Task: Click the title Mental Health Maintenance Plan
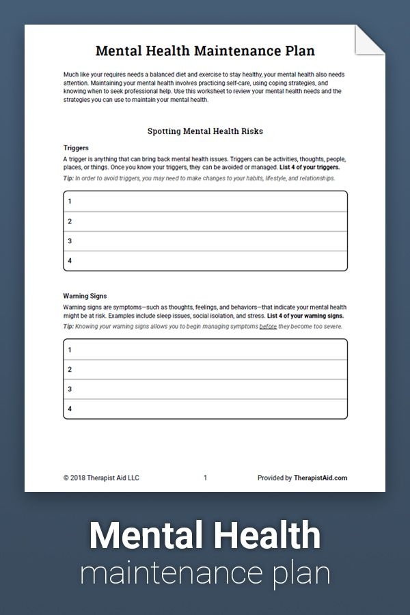[205, 51]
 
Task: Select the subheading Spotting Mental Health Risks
[205, 131]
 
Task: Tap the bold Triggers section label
[76, 148]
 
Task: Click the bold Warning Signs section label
[85, 296]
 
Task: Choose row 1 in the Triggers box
[205, 201]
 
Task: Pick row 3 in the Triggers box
[205, 241]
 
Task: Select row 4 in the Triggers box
[205, 260]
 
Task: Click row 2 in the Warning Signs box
[205, 369]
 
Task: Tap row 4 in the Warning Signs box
[205, 409]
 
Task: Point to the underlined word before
[269, 327]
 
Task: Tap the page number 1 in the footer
[205, 478]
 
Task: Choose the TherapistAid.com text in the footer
[320, 478]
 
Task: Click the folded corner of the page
[372, 40]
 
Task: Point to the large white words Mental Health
[205, 535]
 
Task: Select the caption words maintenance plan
[205, 573]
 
